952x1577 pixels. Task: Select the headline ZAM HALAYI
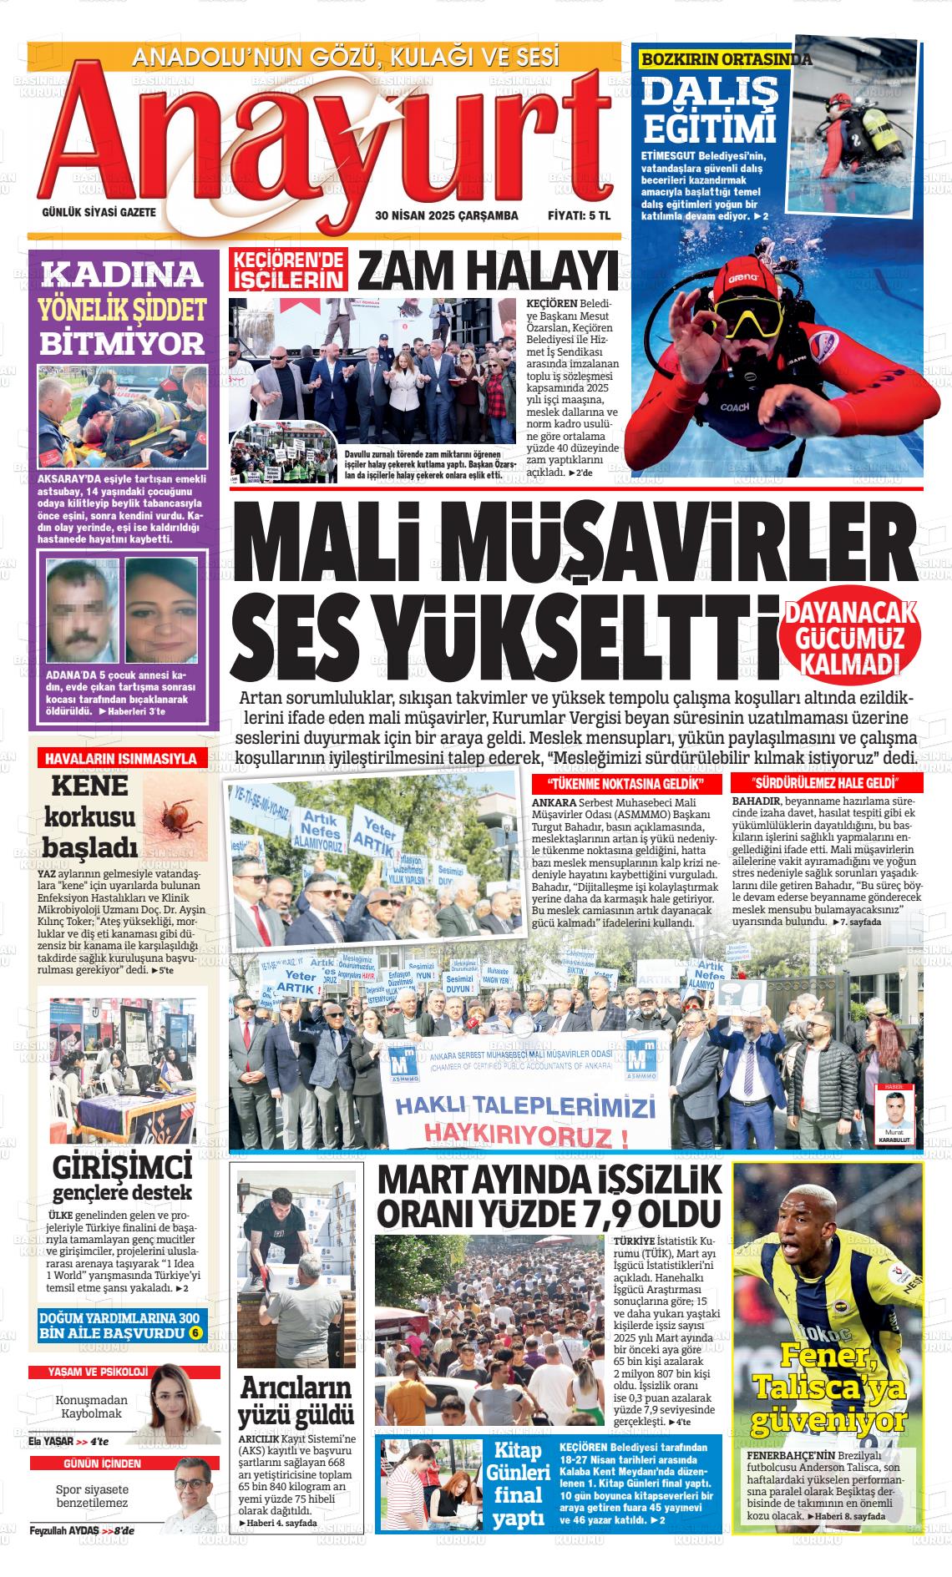click(x=489, y=271)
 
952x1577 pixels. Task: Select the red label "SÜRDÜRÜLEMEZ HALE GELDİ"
click(x=826, y=783)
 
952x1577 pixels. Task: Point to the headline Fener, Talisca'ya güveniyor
click(x=828, y=1387)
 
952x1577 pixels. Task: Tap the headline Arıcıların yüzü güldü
click(x=296, y=1401)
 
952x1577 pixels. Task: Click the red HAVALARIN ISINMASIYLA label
click(x=120, y=759)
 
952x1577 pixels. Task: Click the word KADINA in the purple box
click(x=123, y=274)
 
